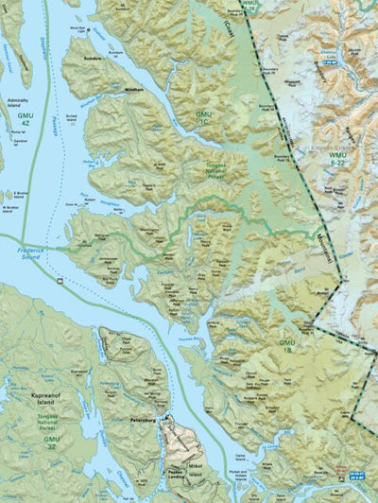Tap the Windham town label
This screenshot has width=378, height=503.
[133, 90]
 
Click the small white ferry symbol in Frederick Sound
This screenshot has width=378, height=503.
[60, 281]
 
